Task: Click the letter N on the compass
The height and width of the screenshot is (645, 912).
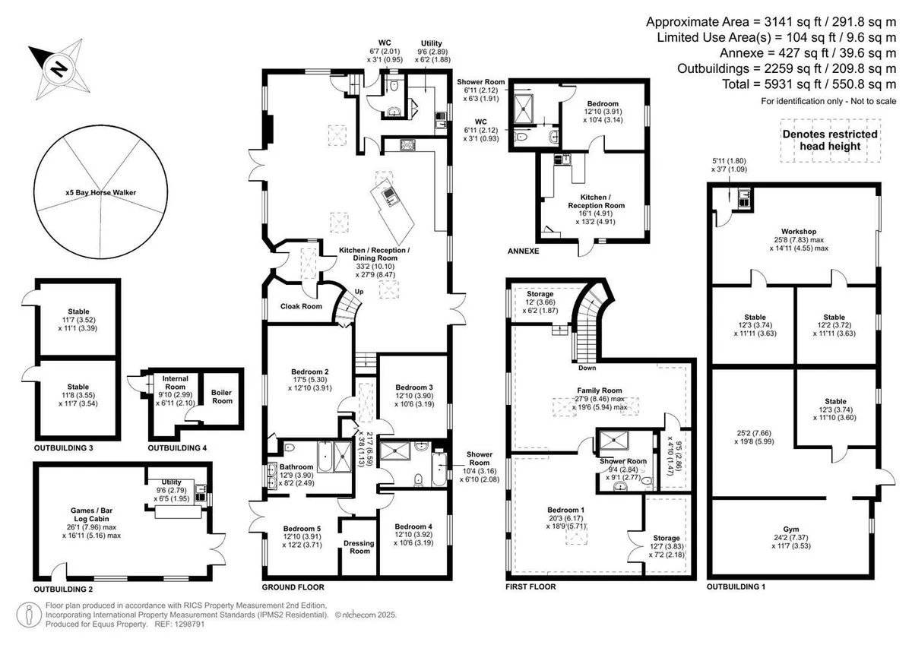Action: [x=59, y=70]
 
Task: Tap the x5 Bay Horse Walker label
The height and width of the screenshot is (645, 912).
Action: [x=101, y=192]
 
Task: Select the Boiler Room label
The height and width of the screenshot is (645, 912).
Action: [x=222, y=397]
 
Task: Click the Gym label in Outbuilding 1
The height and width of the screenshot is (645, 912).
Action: [x=791, y=529]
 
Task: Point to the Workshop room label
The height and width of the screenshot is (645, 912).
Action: [x=799, y=232]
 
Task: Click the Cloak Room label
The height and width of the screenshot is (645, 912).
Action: [x=301, y=306]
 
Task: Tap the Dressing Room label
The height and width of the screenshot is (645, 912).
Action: [x=359, y=547]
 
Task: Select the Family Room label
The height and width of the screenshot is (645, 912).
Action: [x=600, y=390]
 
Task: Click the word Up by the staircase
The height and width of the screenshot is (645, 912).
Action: [x=359, y=292]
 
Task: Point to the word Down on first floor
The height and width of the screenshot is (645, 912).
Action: [x=587, y=368]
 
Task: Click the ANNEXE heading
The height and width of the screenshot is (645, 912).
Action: [x=523, y=251]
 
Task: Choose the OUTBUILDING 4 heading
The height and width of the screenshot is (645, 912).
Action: [x=177, y=448]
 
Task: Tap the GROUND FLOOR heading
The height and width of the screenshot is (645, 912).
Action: [x=293, y=587]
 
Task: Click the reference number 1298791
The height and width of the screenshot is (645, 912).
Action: [x=189, y=624]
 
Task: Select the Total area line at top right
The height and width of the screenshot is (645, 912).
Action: [x=809, y=84]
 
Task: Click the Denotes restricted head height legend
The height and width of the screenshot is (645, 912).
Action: [x=830, y=140]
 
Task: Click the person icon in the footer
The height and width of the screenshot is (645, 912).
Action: [x=29, y=615]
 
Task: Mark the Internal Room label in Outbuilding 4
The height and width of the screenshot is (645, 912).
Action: [x=175, y=383]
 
